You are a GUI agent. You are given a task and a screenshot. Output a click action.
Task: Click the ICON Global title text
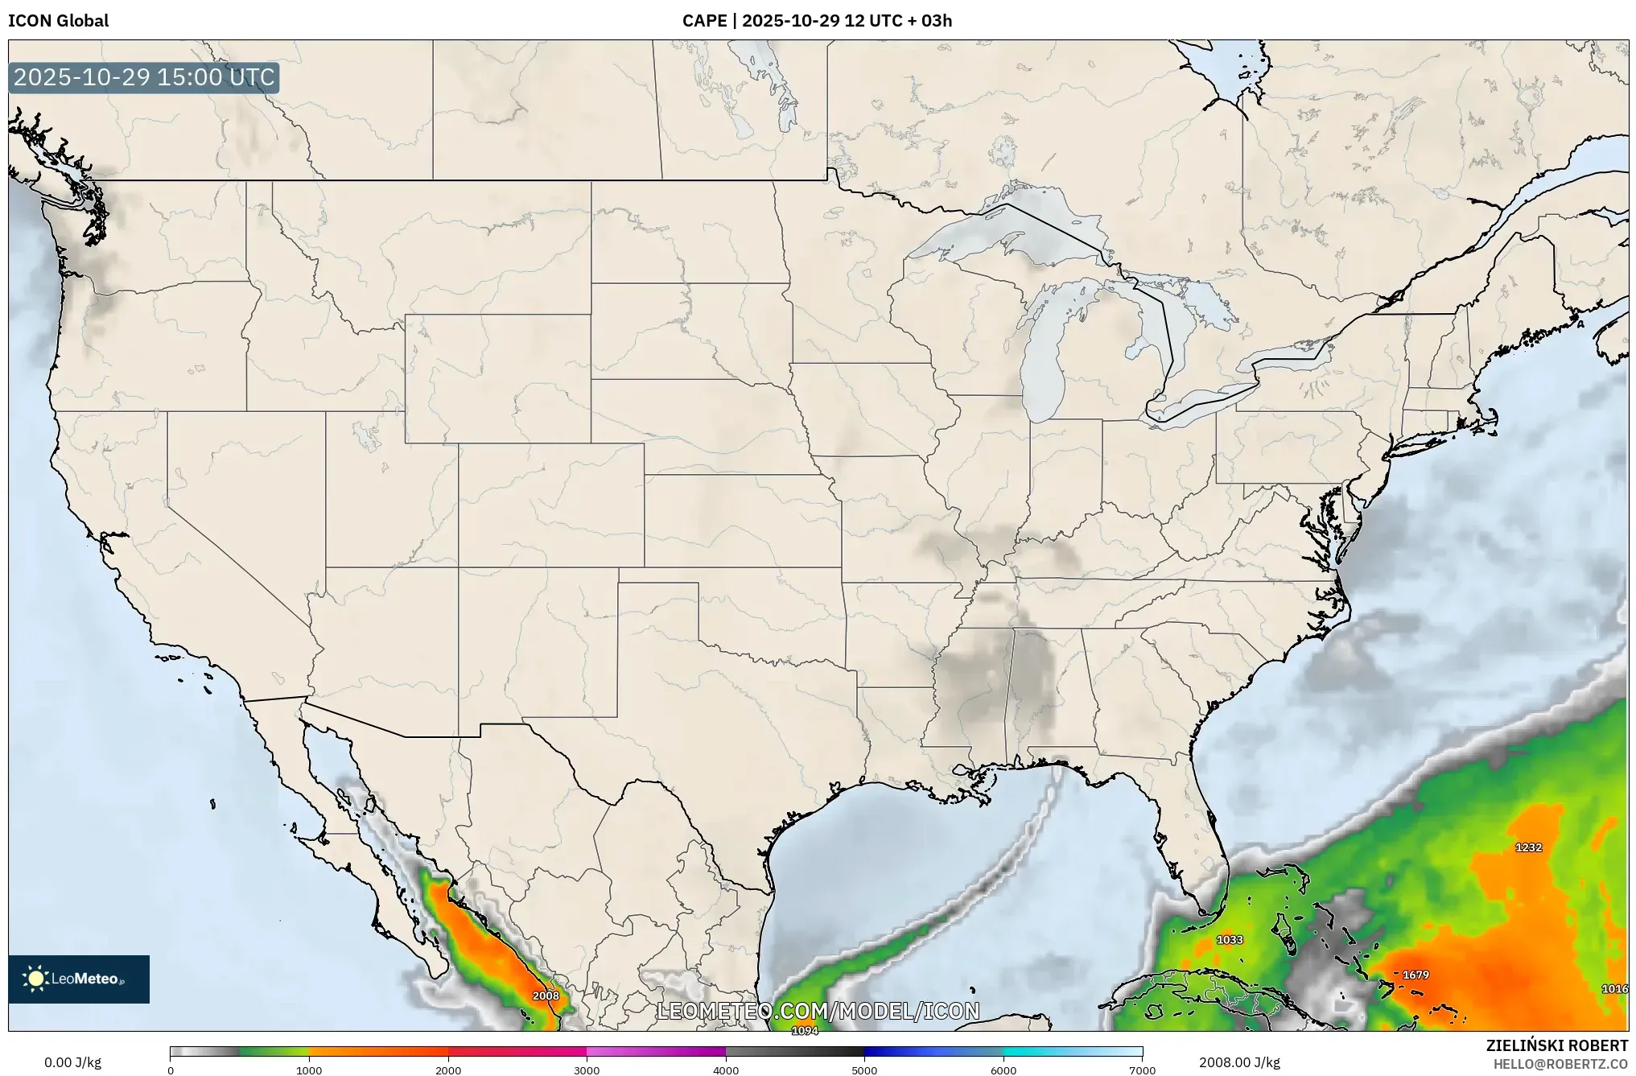58,21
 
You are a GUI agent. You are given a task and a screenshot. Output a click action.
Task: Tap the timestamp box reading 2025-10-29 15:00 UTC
144,77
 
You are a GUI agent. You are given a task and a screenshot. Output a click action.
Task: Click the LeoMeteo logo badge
79,979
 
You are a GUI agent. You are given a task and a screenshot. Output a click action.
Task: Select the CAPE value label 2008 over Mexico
546,996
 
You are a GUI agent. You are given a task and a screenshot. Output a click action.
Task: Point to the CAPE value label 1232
1528,847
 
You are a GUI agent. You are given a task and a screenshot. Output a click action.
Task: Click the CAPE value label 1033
1230,939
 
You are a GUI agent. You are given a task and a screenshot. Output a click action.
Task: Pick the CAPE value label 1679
1416,975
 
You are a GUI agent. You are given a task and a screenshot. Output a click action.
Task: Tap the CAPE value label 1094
805,1031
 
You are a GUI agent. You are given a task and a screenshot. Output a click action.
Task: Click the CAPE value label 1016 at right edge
1614,988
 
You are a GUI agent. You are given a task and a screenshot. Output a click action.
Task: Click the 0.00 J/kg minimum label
72,1062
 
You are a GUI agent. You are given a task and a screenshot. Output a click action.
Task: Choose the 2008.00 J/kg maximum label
1239,1062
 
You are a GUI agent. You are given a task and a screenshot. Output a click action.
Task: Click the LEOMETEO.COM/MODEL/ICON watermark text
818,1011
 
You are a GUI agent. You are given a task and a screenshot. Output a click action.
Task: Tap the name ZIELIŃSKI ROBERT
1556,1045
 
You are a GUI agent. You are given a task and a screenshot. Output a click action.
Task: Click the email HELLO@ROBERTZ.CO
1560,1064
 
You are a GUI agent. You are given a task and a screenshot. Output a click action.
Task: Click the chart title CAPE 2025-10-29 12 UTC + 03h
817,21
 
